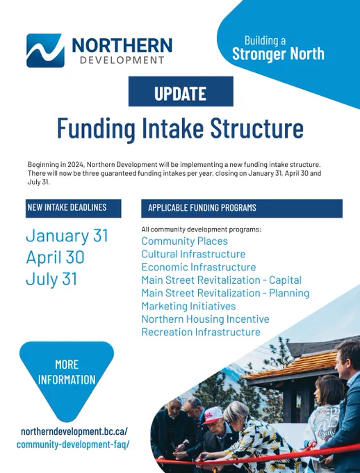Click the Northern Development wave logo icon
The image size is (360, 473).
click(x=46, y=50)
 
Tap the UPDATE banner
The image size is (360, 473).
click(x=181, y=91)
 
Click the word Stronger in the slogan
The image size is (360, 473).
click(x=255, y=54)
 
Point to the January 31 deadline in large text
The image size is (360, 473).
click(x=67, y=236)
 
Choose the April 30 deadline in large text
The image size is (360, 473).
click(x=55, y=257)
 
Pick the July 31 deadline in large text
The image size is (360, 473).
click(x=51, y=279)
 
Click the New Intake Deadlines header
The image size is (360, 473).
click(x=73, y=208)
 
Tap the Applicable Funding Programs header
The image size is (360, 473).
click(x=242, y=208)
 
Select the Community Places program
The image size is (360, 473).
click(x=185, y=241)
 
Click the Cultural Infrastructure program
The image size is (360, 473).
click(x=193, y=254)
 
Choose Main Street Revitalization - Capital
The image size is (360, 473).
click(x=222, y=280)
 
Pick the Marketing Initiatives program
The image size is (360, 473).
click(x=189, y=306)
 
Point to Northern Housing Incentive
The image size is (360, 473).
click(x=205, y=319)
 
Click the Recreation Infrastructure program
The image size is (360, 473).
click(x=201, y=332)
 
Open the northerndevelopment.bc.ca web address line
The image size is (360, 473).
click(x=74, y=431)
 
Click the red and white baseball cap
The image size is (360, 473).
click(x=213, y=415)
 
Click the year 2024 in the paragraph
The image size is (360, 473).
click(x=76, y=165)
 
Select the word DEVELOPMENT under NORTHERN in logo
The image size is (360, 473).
click(x=122, y=60)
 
